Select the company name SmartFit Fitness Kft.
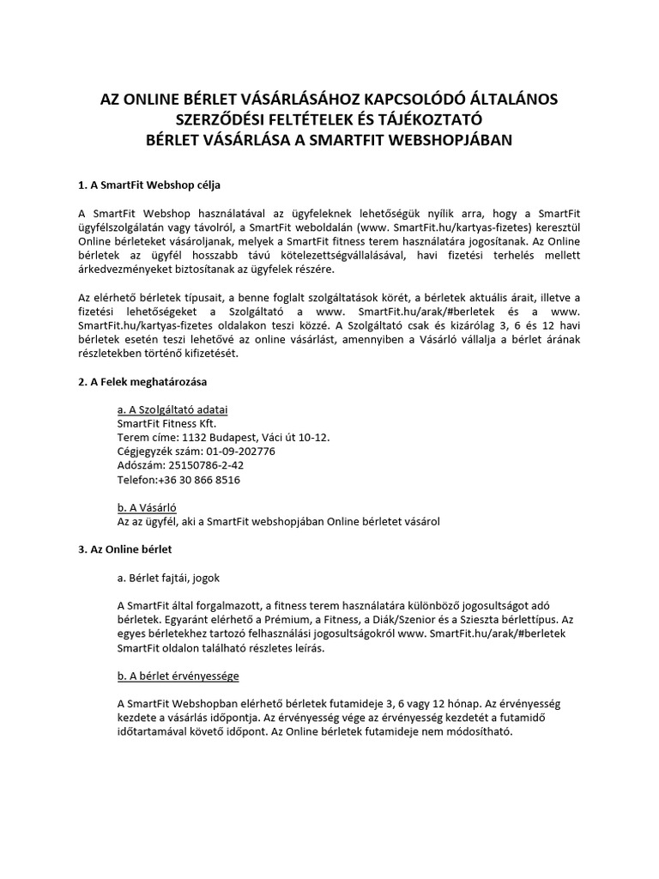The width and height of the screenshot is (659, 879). tap(166, 422)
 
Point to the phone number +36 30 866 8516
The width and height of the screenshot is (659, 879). tap(199, 480)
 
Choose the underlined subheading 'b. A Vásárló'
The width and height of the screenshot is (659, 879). tap(146, 507)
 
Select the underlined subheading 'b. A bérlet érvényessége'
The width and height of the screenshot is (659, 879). tap(178, 676)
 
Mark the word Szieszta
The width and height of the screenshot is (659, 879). tap(515, 619)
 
